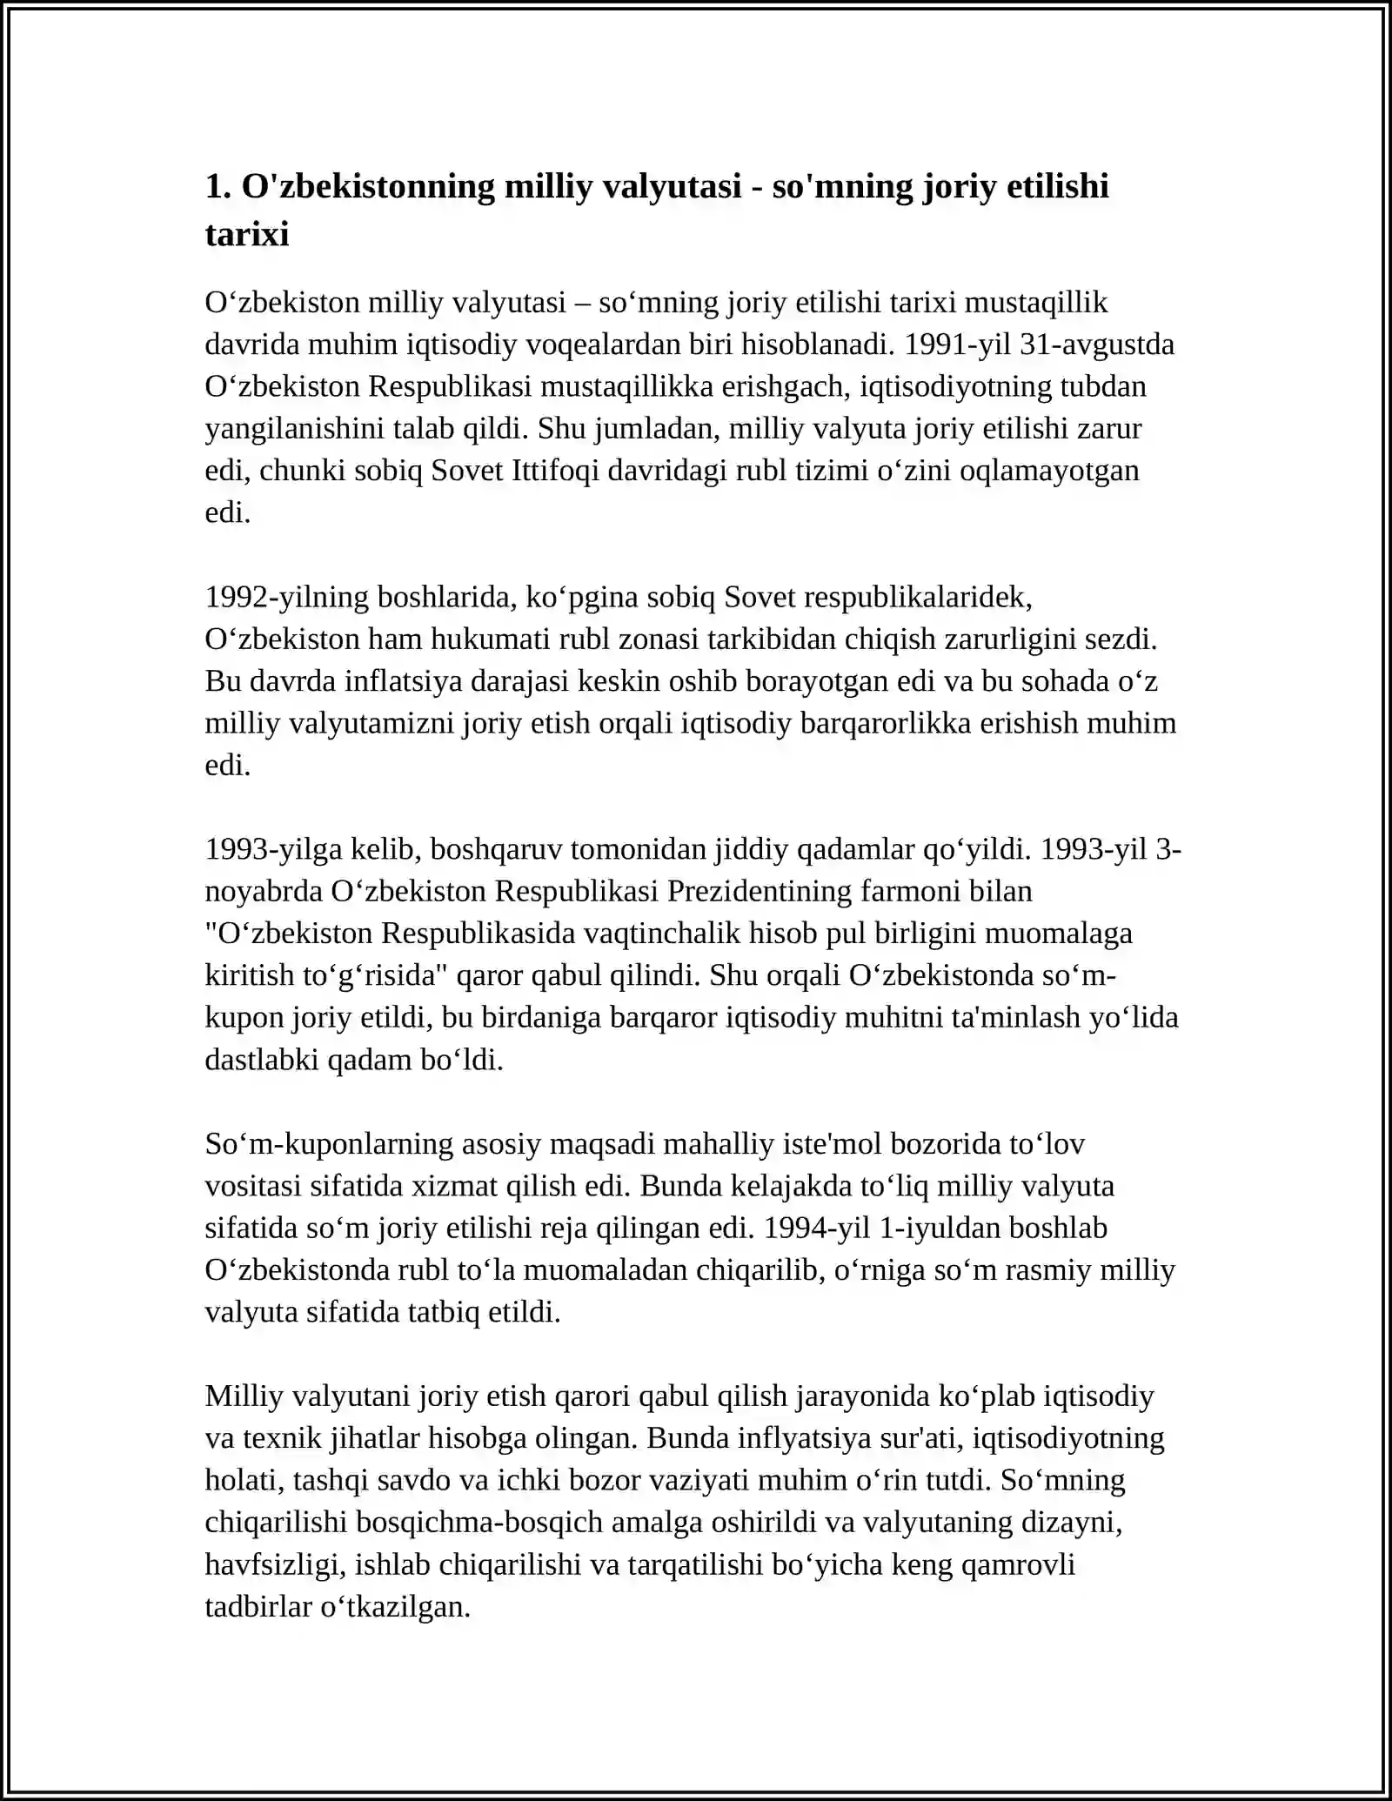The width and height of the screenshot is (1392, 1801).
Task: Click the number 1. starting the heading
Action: coord(217,187)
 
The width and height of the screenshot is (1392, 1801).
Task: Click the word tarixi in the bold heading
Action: coord(247,235)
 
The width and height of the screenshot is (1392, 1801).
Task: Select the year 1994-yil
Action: coord(816,1229)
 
